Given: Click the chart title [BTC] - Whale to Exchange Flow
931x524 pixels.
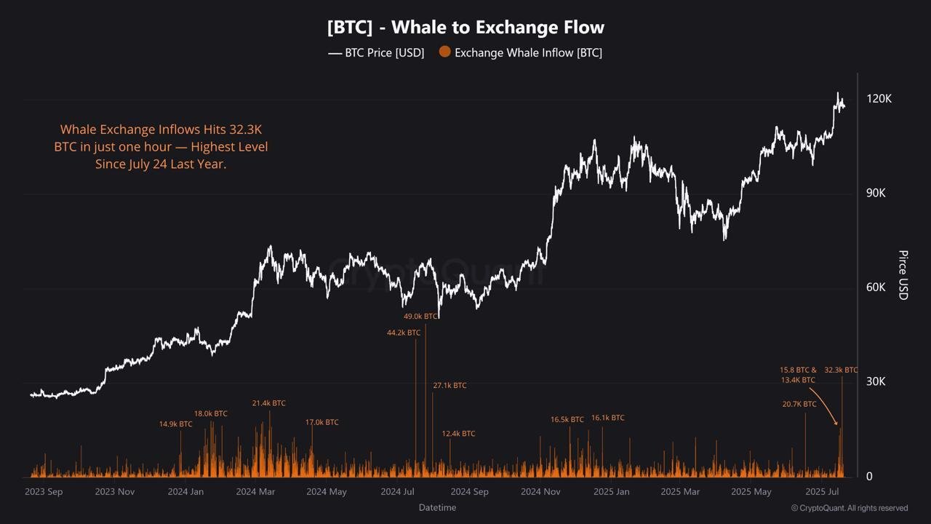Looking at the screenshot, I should (465, 28).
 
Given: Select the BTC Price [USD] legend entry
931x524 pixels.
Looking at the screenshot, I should (376, 52).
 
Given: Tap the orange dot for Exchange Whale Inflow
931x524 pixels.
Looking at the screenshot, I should (444, 52).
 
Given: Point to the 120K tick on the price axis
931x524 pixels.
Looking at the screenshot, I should (879, 99).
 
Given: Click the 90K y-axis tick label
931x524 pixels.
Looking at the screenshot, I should (876, 193).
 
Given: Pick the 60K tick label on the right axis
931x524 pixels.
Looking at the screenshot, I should (876, 287).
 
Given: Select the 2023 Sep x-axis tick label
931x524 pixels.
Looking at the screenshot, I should (44, 492).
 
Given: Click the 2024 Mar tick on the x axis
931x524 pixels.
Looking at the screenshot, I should (255, 492).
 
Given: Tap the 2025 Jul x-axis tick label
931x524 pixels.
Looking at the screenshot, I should (823, 492).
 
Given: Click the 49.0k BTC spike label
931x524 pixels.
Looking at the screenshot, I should (421, 317).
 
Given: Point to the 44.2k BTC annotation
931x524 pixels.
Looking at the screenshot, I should (404, 333).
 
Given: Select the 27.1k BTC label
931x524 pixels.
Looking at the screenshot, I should (449, 386).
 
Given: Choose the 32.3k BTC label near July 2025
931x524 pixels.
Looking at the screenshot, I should (841, 370).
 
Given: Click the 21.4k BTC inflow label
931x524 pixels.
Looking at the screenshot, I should (269, 403).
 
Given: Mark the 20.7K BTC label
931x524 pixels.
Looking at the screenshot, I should (799, 405).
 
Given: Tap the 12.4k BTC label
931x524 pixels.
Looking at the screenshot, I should (458, 434).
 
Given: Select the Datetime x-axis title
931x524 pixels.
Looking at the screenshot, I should (437, 507).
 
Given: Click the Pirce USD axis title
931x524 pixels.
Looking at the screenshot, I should (903, 275).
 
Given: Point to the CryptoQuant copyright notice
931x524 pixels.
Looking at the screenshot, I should (849, 508).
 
